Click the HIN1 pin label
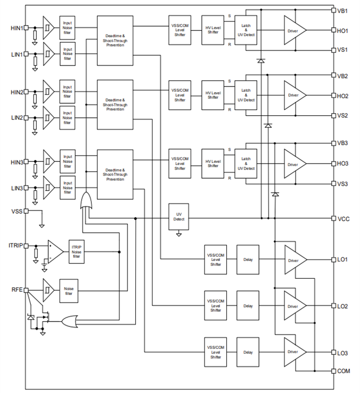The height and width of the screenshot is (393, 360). click(x=16, y=28)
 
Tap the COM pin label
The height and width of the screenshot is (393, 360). click(x=344, y=371)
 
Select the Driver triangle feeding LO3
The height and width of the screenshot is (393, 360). click(x=294, y=352)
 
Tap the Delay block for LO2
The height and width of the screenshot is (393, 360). click(x=248, y=306)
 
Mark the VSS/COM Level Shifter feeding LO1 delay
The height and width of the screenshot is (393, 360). click(x=215, y=260)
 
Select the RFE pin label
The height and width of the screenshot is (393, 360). click(x=16, y=289)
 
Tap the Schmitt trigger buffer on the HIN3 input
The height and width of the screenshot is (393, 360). click(x=48, y=163)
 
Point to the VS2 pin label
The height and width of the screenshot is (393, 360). click(x=343, y=115)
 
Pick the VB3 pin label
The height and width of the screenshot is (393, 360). click(x=343, y=143)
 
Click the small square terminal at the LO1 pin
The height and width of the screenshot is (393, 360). click(x=333, y=259)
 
